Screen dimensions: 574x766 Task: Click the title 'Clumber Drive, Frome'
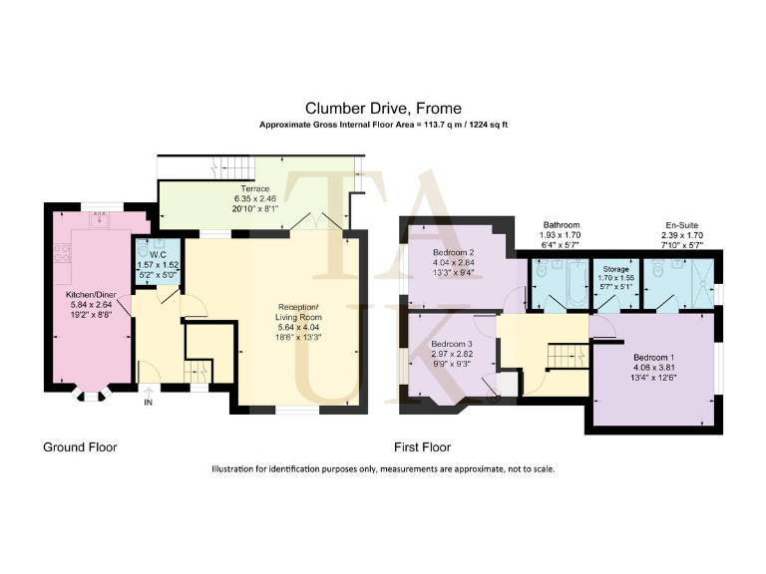(383, 108)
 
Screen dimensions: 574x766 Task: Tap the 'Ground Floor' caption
(80, 447)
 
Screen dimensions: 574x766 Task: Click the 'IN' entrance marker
(149, 404)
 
